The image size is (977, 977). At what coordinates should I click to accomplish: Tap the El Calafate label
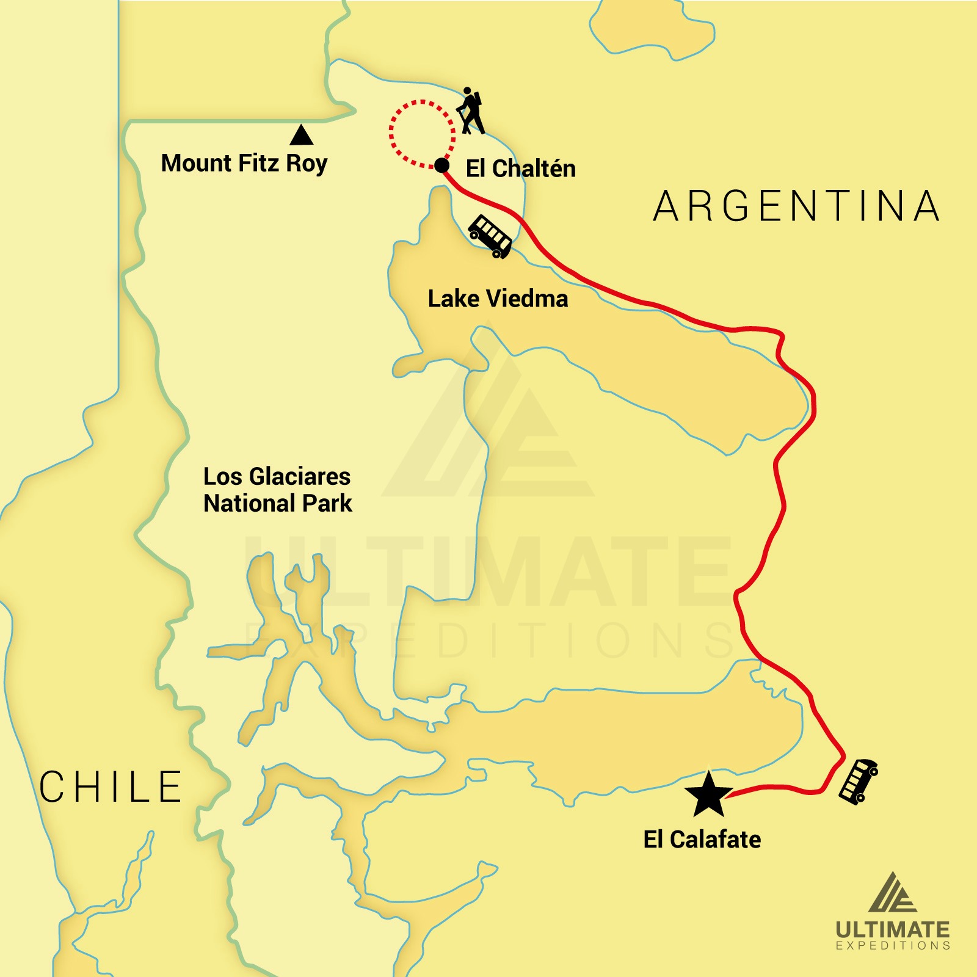(x=702, y=840)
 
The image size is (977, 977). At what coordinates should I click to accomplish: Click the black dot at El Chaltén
(x=441, y=165)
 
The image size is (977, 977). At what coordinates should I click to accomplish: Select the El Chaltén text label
(x=520, y=169)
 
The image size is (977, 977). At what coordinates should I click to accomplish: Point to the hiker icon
(x=471, y=111)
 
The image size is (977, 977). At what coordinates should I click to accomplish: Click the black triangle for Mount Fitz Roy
(x=301, y=136)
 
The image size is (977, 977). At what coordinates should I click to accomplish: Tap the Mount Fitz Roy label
(x=244, y=163)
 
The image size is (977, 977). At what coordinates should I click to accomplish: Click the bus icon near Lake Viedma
(x=490, y=236)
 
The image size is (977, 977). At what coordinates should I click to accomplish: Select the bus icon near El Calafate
(x=858, y=780)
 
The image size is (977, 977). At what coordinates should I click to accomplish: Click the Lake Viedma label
(x=498, y=299)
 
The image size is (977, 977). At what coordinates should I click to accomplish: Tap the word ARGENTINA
(x=797, y=206)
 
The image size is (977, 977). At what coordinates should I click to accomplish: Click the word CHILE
(x=111, y=786)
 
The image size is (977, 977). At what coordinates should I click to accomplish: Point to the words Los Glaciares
(x=277, y=476)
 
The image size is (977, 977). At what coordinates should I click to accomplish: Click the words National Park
(x=278, y=503)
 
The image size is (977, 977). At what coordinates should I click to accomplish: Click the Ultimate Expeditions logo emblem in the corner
(x=892, y=893)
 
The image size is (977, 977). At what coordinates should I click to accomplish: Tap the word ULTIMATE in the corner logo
(x=892, y=930)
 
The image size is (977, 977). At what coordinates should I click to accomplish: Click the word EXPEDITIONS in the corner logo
(x=892, y=946)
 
